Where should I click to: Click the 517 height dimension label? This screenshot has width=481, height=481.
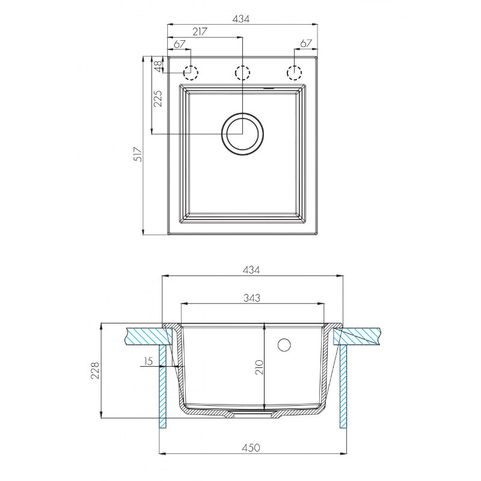point(139,155)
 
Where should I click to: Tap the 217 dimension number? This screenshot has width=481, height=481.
point(200,32)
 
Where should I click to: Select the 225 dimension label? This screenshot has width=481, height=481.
point(158,98)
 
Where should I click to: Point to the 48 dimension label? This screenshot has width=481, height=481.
point(158,66)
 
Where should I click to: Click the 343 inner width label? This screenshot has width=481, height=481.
point(252,298)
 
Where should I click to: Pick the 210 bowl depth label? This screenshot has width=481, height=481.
point(259,367)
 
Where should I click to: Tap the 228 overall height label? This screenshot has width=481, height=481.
point(95,370)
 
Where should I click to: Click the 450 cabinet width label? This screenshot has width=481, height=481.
point(251,447)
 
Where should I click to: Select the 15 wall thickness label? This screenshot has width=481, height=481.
point(148,361)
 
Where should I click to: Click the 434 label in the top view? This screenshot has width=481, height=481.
point(241,19)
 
